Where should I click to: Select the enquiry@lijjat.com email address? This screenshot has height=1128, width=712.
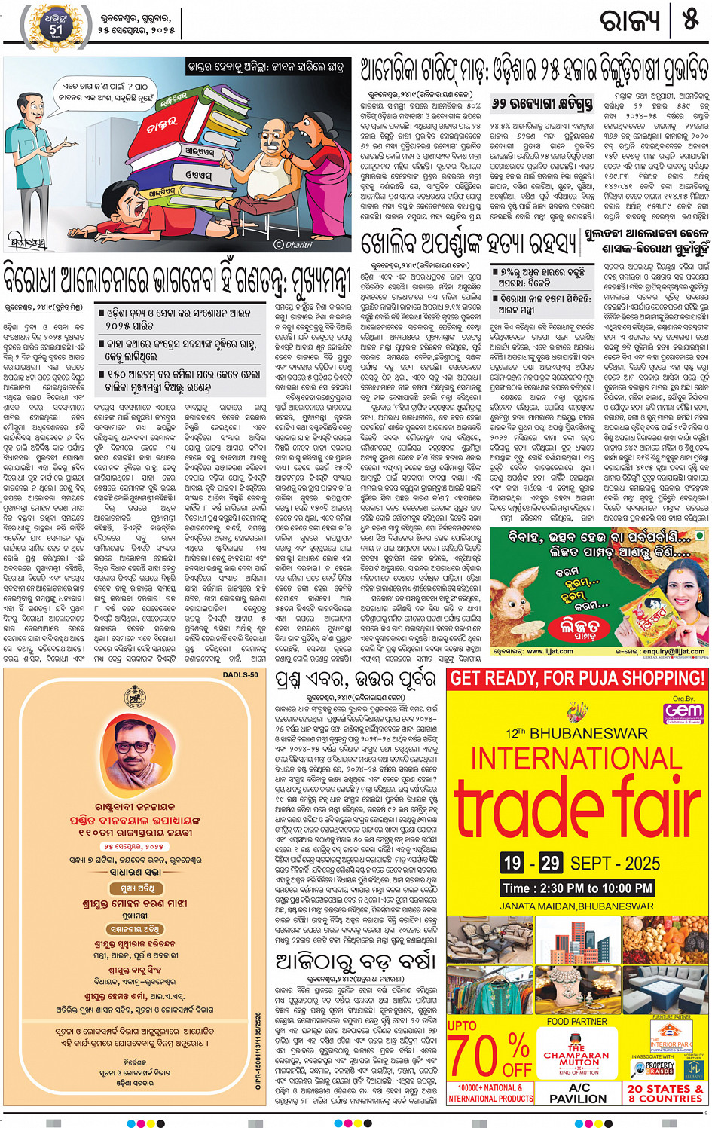tap(661, 650)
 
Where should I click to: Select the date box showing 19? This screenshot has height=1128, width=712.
tap(512, 863)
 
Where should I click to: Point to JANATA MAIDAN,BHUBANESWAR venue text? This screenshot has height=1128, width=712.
tap(576, 906)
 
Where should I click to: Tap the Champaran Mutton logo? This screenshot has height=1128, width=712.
tap(577, 1056)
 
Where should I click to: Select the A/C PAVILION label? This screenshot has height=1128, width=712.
tap(579, 1093)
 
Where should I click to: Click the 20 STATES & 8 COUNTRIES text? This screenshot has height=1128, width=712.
tap(665, 1093)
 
